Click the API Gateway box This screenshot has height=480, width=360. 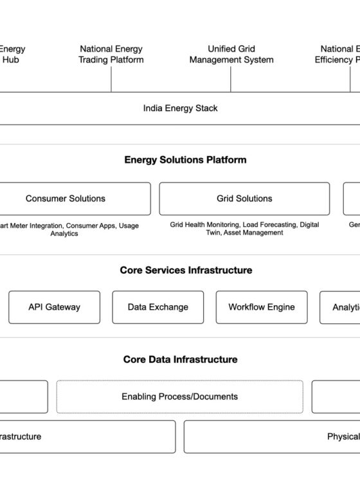click(54, 307)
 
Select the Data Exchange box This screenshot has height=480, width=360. click(157, 307)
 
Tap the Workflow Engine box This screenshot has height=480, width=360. click(261, 307)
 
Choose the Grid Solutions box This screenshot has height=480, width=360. click(244, 199)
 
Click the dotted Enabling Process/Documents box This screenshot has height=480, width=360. click(179, 396)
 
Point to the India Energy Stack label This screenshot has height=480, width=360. click(180, 108)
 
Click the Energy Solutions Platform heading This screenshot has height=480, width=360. click(185, 160)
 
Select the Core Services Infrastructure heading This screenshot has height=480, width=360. click(186, 271)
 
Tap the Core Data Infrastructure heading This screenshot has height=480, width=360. click(180, 359)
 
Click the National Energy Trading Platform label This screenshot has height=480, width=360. click(111, 54)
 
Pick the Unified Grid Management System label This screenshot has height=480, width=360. click(231, 54)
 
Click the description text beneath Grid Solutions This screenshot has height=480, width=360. click(244, 229)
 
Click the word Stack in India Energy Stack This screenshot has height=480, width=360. click(206, 108)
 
